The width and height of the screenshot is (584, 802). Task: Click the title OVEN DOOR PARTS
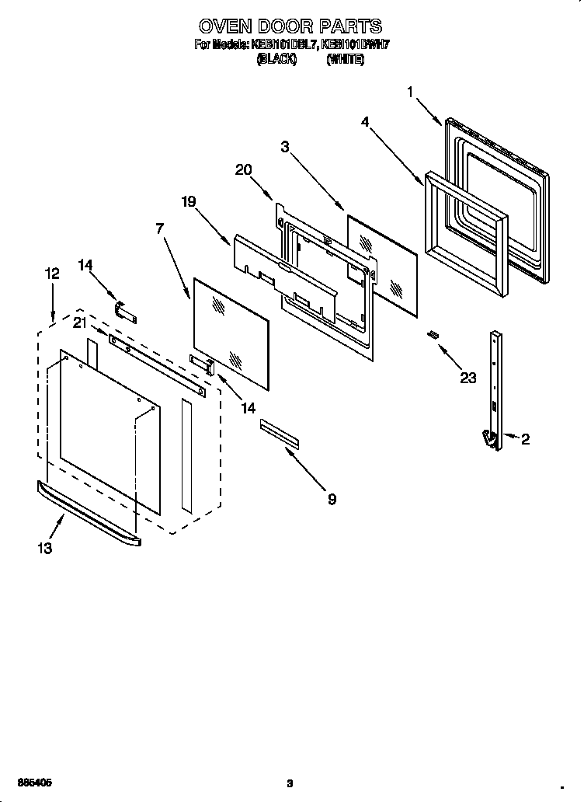(290, 29)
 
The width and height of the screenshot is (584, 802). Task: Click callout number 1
(410, 92)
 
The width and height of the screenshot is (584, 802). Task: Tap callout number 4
(364, 121)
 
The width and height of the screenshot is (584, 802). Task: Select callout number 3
(286, 145)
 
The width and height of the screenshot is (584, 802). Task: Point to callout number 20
(244, 170)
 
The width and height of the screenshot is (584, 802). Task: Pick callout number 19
(189, 201)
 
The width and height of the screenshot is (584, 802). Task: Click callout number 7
(159, 228)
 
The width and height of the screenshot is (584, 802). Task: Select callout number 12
(52, 274)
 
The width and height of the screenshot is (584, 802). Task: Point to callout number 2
(525, 440)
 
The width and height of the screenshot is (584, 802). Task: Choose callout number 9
(332, 500)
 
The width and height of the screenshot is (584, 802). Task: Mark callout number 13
(44, 549)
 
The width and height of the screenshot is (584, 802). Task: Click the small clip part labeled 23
(433, 334)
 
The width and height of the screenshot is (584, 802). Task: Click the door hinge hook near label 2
(490, 440)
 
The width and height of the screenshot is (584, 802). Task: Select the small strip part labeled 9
(279, 433)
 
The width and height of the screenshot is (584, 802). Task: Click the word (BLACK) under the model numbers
(276, 59)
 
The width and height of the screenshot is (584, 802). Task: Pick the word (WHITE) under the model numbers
(345, 59)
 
